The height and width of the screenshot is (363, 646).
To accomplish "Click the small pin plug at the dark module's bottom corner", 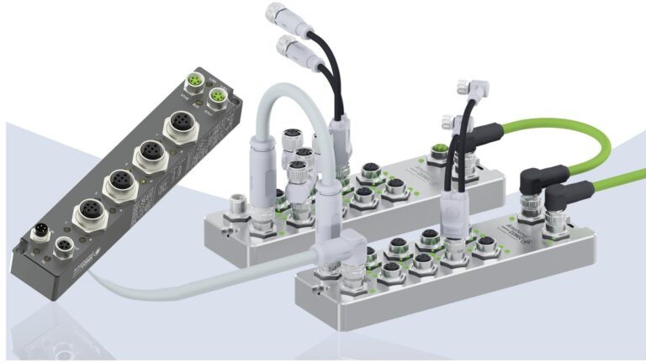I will point(39,232).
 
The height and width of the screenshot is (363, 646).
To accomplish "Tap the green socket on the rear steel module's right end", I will point(438,152).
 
